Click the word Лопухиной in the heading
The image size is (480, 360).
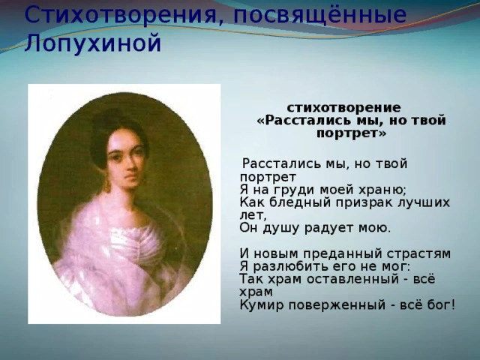tap(92, 43)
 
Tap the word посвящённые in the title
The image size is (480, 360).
tap(319, 15)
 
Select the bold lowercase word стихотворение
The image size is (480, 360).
tap(343, 108)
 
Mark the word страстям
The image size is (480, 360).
tap(418, 255)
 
